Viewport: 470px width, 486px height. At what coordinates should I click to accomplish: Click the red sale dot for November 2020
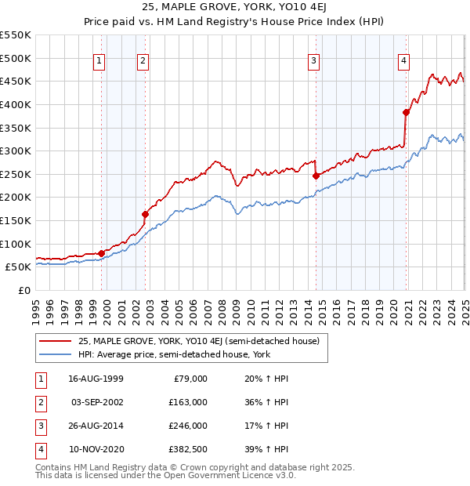[407, 112]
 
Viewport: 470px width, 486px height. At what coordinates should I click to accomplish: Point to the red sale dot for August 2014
[316, 176]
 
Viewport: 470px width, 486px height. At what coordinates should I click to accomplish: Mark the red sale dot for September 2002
[145, 214]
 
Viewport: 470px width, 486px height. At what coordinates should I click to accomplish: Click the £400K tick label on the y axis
[16, 104]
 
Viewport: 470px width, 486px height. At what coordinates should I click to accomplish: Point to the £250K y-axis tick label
[16, 174]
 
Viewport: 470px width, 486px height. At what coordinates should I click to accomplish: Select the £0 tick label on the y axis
[23, 290]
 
